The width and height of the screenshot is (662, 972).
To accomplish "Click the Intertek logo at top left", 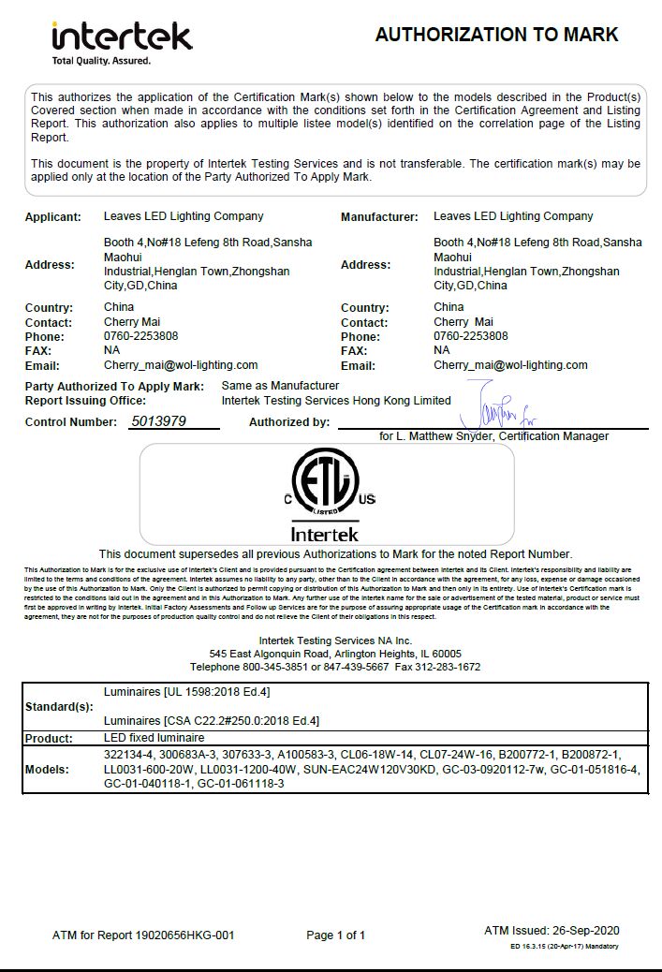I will tap(122, 37).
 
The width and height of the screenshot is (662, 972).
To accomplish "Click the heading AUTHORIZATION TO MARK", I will tap(496, 35).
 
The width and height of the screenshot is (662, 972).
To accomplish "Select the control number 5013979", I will tap(159, 421).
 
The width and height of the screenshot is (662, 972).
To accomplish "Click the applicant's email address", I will tap(181, 365).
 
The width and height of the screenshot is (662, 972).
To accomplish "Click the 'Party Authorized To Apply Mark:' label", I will tap(114, 386).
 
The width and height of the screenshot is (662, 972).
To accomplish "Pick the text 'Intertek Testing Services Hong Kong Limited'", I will tap(336, 400).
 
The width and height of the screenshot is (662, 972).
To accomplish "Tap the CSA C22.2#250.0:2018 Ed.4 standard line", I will tap(212, 721).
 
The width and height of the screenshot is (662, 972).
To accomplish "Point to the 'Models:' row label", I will tap(47, 769).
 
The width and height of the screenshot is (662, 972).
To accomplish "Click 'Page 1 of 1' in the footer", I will tap(336, 935).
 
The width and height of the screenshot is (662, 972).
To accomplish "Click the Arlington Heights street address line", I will tap(335, 653).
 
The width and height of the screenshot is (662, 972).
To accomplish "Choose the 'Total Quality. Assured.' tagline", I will tap(101, 61).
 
